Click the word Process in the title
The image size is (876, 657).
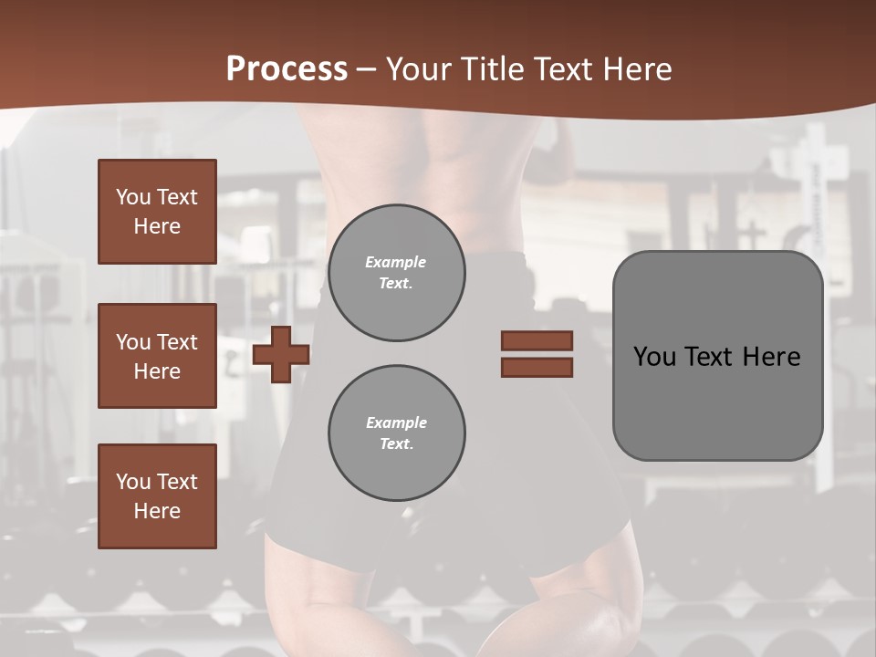pyautogui.click(x=287, y=69)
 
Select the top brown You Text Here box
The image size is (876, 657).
pyautogui.click(x=157, y=212)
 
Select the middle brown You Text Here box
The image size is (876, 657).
pyautogui.click(x=157, y=356)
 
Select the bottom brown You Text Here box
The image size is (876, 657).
pyautogui.click(x=157, y=496)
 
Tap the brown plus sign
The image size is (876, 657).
pyautogui.click(x=281, y=354)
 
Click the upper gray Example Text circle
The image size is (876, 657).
pyautogui.click(x=397, y=273)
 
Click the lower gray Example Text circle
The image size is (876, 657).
pyautogui.click(x=397, y=433)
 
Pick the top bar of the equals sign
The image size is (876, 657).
pyautogui.click(x=537, y=340)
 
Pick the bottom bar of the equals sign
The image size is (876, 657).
pyautogui.click(x=537, y=368)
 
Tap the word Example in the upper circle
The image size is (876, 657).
pyautogui.click(x=396, y=262)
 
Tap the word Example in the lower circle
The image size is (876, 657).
pyautogui.click(x=396, y=422)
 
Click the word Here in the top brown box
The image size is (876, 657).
pyautogui.click(x=157, y=226)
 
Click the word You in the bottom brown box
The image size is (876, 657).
pyautogui.click(x=133, y=482)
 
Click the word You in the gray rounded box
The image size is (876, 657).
pyautogui.click(x=654, y=357)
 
